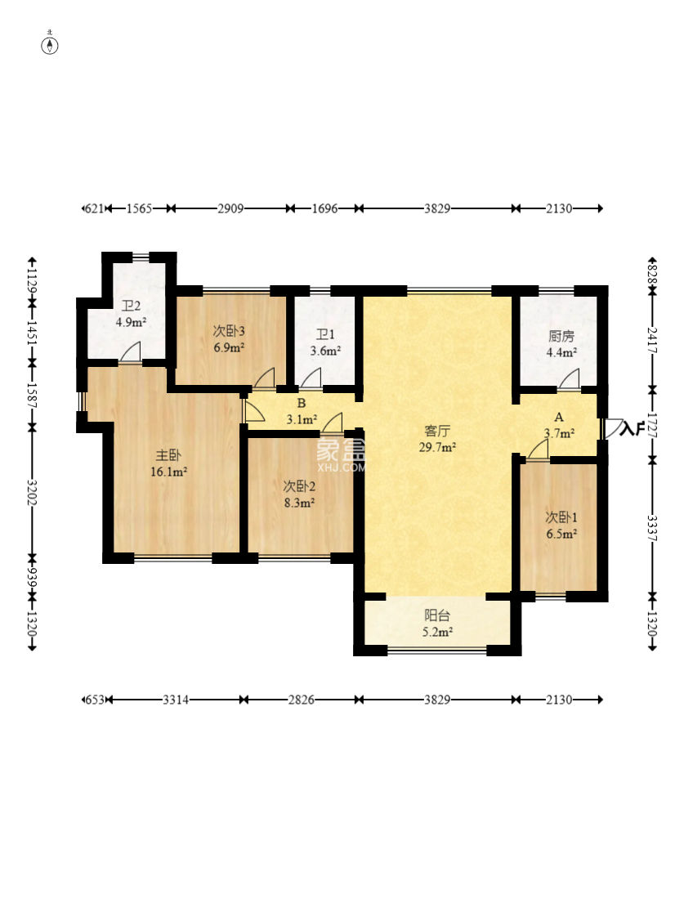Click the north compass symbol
point(51,44)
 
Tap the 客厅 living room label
point(437,431)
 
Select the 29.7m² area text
point(437,446)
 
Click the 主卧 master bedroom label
point(168,456)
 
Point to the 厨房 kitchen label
point(561,337)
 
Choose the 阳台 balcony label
point(437,615)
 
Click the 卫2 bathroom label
point(131,306)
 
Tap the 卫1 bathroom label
point(325,335)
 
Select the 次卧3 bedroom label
point(229,331)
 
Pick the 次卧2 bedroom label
point(299,486)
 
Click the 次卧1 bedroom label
point(561,517)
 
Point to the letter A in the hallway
point(559,417)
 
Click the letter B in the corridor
point(302,404)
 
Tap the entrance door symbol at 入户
point(611,428)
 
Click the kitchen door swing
point(569,379)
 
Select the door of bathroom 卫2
point(131,352)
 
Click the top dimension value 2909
point(230,208)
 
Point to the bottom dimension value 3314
point(176,700)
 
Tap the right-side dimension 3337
point(652,527)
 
